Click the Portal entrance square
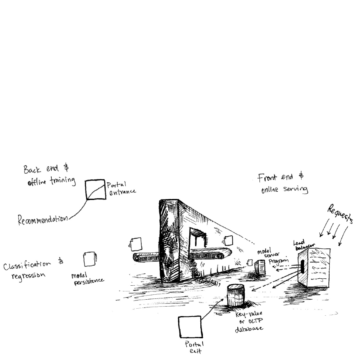coord(96,190)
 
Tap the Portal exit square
coord(190,327)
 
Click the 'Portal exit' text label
coord(194,348)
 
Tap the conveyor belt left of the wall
coord(145,257)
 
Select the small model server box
coord(259,268)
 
